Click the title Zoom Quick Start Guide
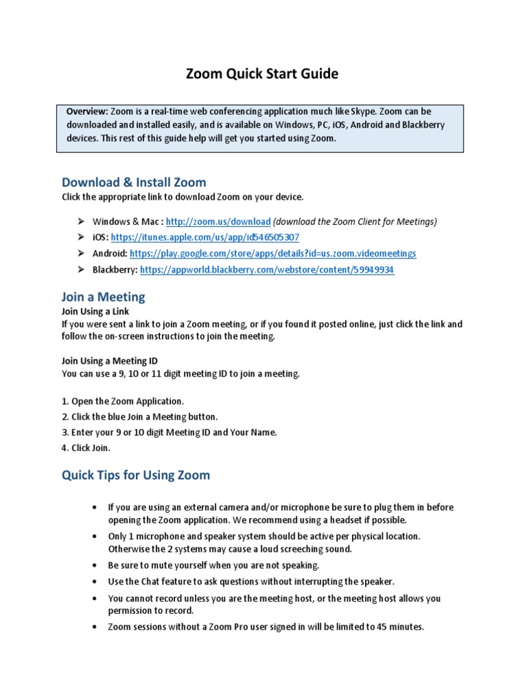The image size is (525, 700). tap(262, 74)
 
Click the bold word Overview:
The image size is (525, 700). tap(86, 111)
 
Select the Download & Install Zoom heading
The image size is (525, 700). tap(133, 182)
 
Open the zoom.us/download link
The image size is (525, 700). tap(218, 221)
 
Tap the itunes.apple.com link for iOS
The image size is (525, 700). tap(204, 237)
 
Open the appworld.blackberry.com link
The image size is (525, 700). tap(267, 270)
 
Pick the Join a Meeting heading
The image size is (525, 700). tap(103, 297)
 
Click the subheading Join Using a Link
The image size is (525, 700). tap(95, 311)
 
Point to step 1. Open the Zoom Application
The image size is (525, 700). tap(122, 401)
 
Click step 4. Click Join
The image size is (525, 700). tap(85, 448)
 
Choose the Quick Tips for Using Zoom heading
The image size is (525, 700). tap(136, 474)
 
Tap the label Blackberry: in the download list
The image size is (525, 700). tap(115, 270)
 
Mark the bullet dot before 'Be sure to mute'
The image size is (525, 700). tap(94, 566)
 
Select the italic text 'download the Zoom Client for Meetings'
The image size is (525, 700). tap(355, 221)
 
